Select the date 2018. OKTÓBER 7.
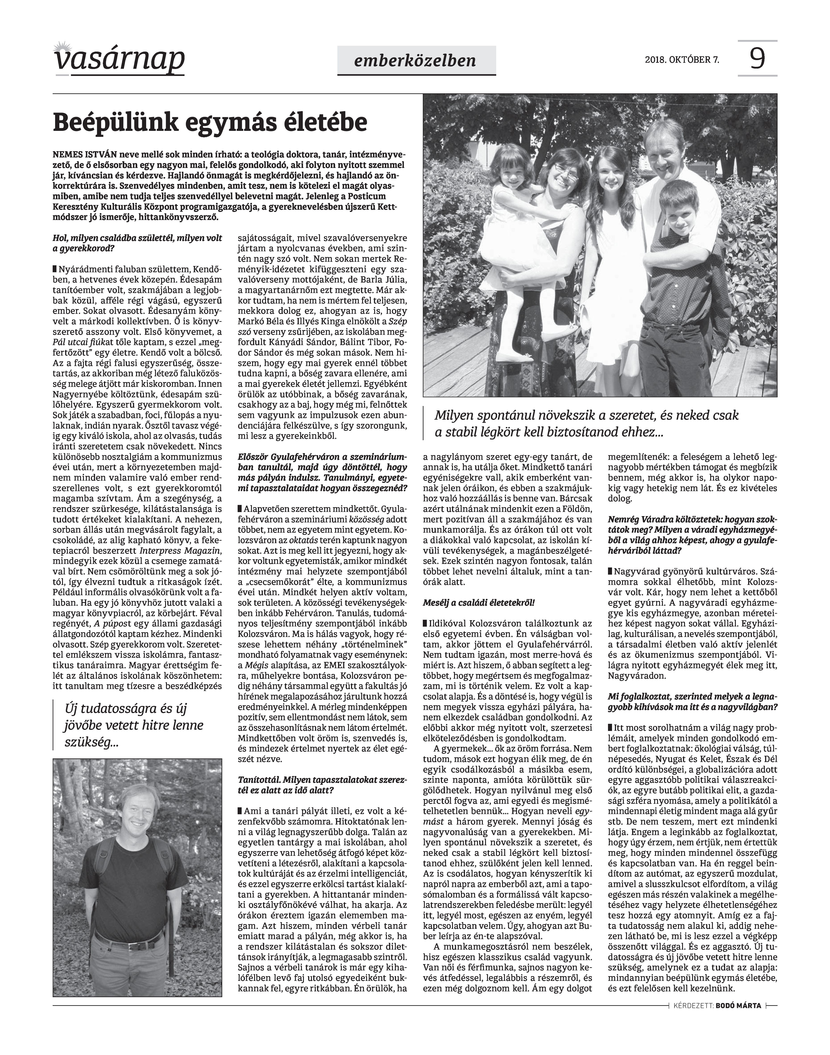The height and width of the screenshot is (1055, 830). click(x=682, y=60)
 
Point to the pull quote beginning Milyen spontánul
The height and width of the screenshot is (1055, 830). click(x=586, y=423)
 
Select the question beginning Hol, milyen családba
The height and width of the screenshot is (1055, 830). click(x=137, y=243)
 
